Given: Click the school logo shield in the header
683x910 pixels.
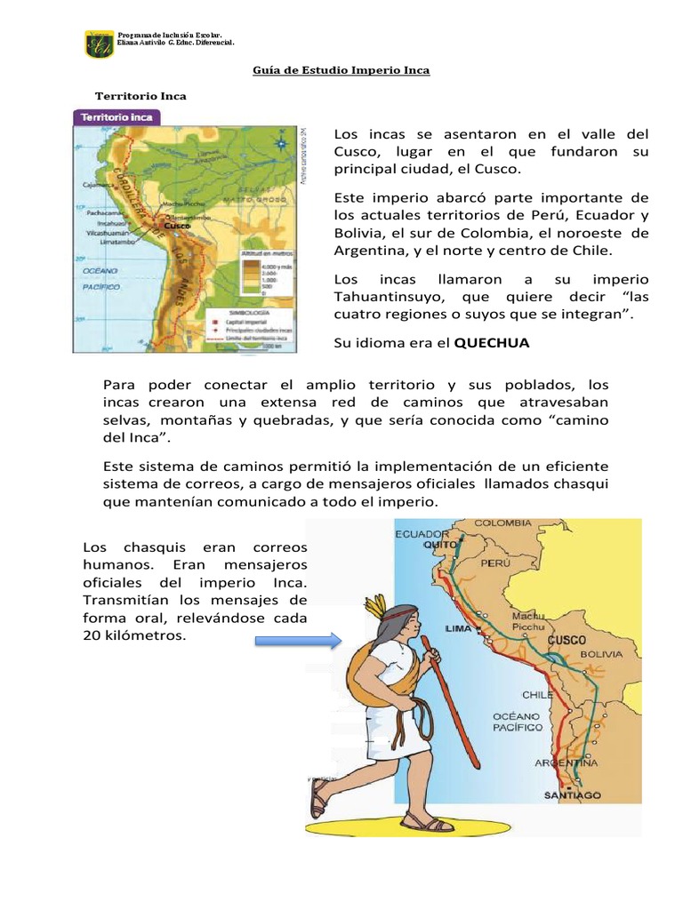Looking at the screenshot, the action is [x=99, y=44].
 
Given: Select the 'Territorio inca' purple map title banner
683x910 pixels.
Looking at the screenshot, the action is [x=117, y=116].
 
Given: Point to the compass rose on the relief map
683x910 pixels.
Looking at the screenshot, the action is [x=281, y=140].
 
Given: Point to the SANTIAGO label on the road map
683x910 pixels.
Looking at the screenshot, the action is [x=572, y=794].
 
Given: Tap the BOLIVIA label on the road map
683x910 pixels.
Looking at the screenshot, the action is [x=603, y=654].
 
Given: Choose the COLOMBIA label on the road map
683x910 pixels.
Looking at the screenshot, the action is [x=508, y=523].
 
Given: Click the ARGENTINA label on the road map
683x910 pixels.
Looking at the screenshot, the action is [x=566, y=762].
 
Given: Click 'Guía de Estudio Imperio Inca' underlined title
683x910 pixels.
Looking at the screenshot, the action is [x=341, y=70].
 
